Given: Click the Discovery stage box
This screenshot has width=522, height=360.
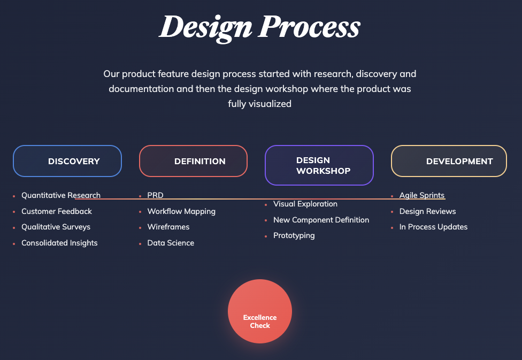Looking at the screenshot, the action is (x=67, y=161).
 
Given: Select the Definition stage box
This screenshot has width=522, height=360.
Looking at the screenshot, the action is (x=194, y=161).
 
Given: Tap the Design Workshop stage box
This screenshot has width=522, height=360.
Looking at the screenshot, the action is (x=319, y=165).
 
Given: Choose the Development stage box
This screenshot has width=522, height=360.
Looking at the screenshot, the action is (x=449, y=161).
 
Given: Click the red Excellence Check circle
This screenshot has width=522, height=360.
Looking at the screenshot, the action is (x=260, y=311).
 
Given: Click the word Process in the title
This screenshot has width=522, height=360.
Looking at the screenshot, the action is (x=310, y=27).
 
